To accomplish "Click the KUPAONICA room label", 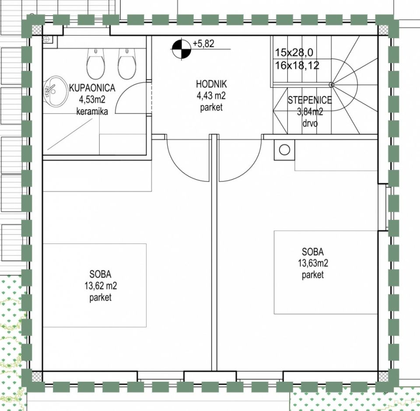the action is [92, 88].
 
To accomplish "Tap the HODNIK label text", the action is [211, 84].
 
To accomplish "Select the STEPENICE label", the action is [310, 100].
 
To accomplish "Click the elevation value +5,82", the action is [203, 44].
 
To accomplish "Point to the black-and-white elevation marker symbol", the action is [181, 49].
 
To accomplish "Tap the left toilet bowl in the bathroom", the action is [95, 63].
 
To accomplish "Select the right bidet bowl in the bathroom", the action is [126, 63].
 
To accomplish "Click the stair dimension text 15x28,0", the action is [294, 53].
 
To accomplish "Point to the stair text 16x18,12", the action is [297, 65].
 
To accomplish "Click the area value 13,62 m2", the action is [101, 286].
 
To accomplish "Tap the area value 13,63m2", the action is [313, 264].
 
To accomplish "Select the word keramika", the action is [92, 111].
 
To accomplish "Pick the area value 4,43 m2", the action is [211, 96].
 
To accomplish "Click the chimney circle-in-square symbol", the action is [284, 150].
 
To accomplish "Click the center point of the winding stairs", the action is [331, 85].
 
